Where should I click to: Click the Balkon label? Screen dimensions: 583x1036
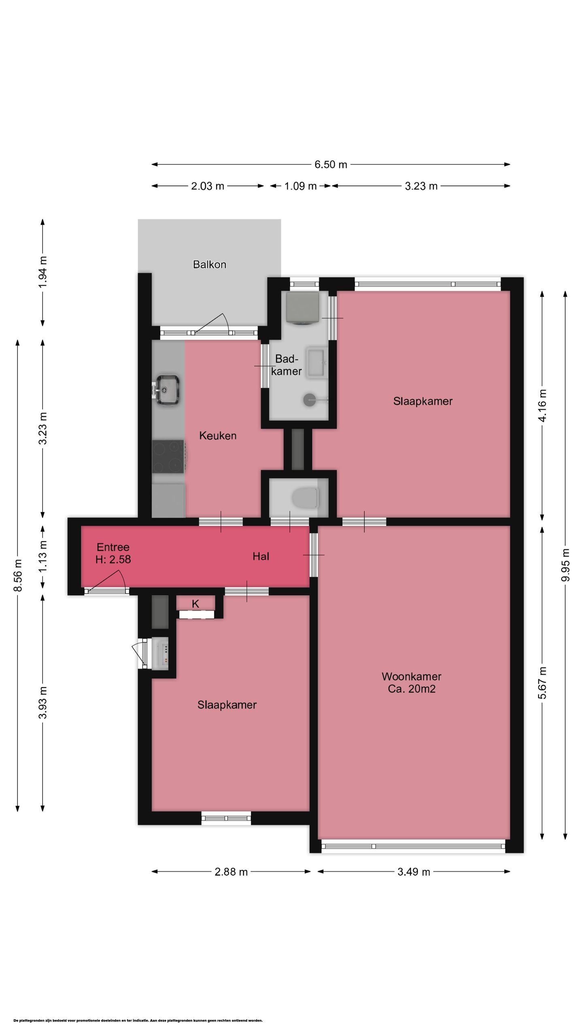pos(209,265)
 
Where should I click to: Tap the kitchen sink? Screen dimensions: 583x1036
pos(166,390)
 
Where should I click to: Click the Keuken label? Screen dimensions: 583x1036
pos(218,436)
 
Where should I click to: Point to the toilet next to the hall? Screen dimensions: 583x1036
pos(305,498)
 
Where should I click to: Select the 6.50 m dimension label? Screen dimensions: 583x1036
pos(331,165)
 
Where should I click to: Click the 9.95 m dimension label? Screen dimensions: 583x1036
pos(566,565)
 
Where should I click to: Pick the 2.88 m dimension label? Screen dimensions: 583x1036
pos(231,872)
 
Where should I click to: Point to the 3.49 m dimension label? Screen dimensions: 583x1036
pos(413,872)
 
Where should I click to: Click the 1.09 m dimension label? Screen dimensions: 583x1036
pos(300,186)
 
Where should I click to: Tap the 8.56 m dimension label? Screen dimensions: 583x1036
pos(18,575)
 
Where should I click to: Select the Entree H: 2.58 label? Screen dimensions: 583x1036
pos(113,553)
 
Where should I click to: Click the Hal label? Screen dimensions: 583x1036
pos(261,557)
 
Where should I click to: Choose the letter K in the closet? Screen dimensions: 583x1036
pos(196,604)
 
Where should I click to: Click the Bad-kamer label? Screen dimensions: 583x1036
pos(286,365)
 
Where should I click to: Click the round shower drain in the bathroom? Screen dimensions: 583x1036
pos(310,400)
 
